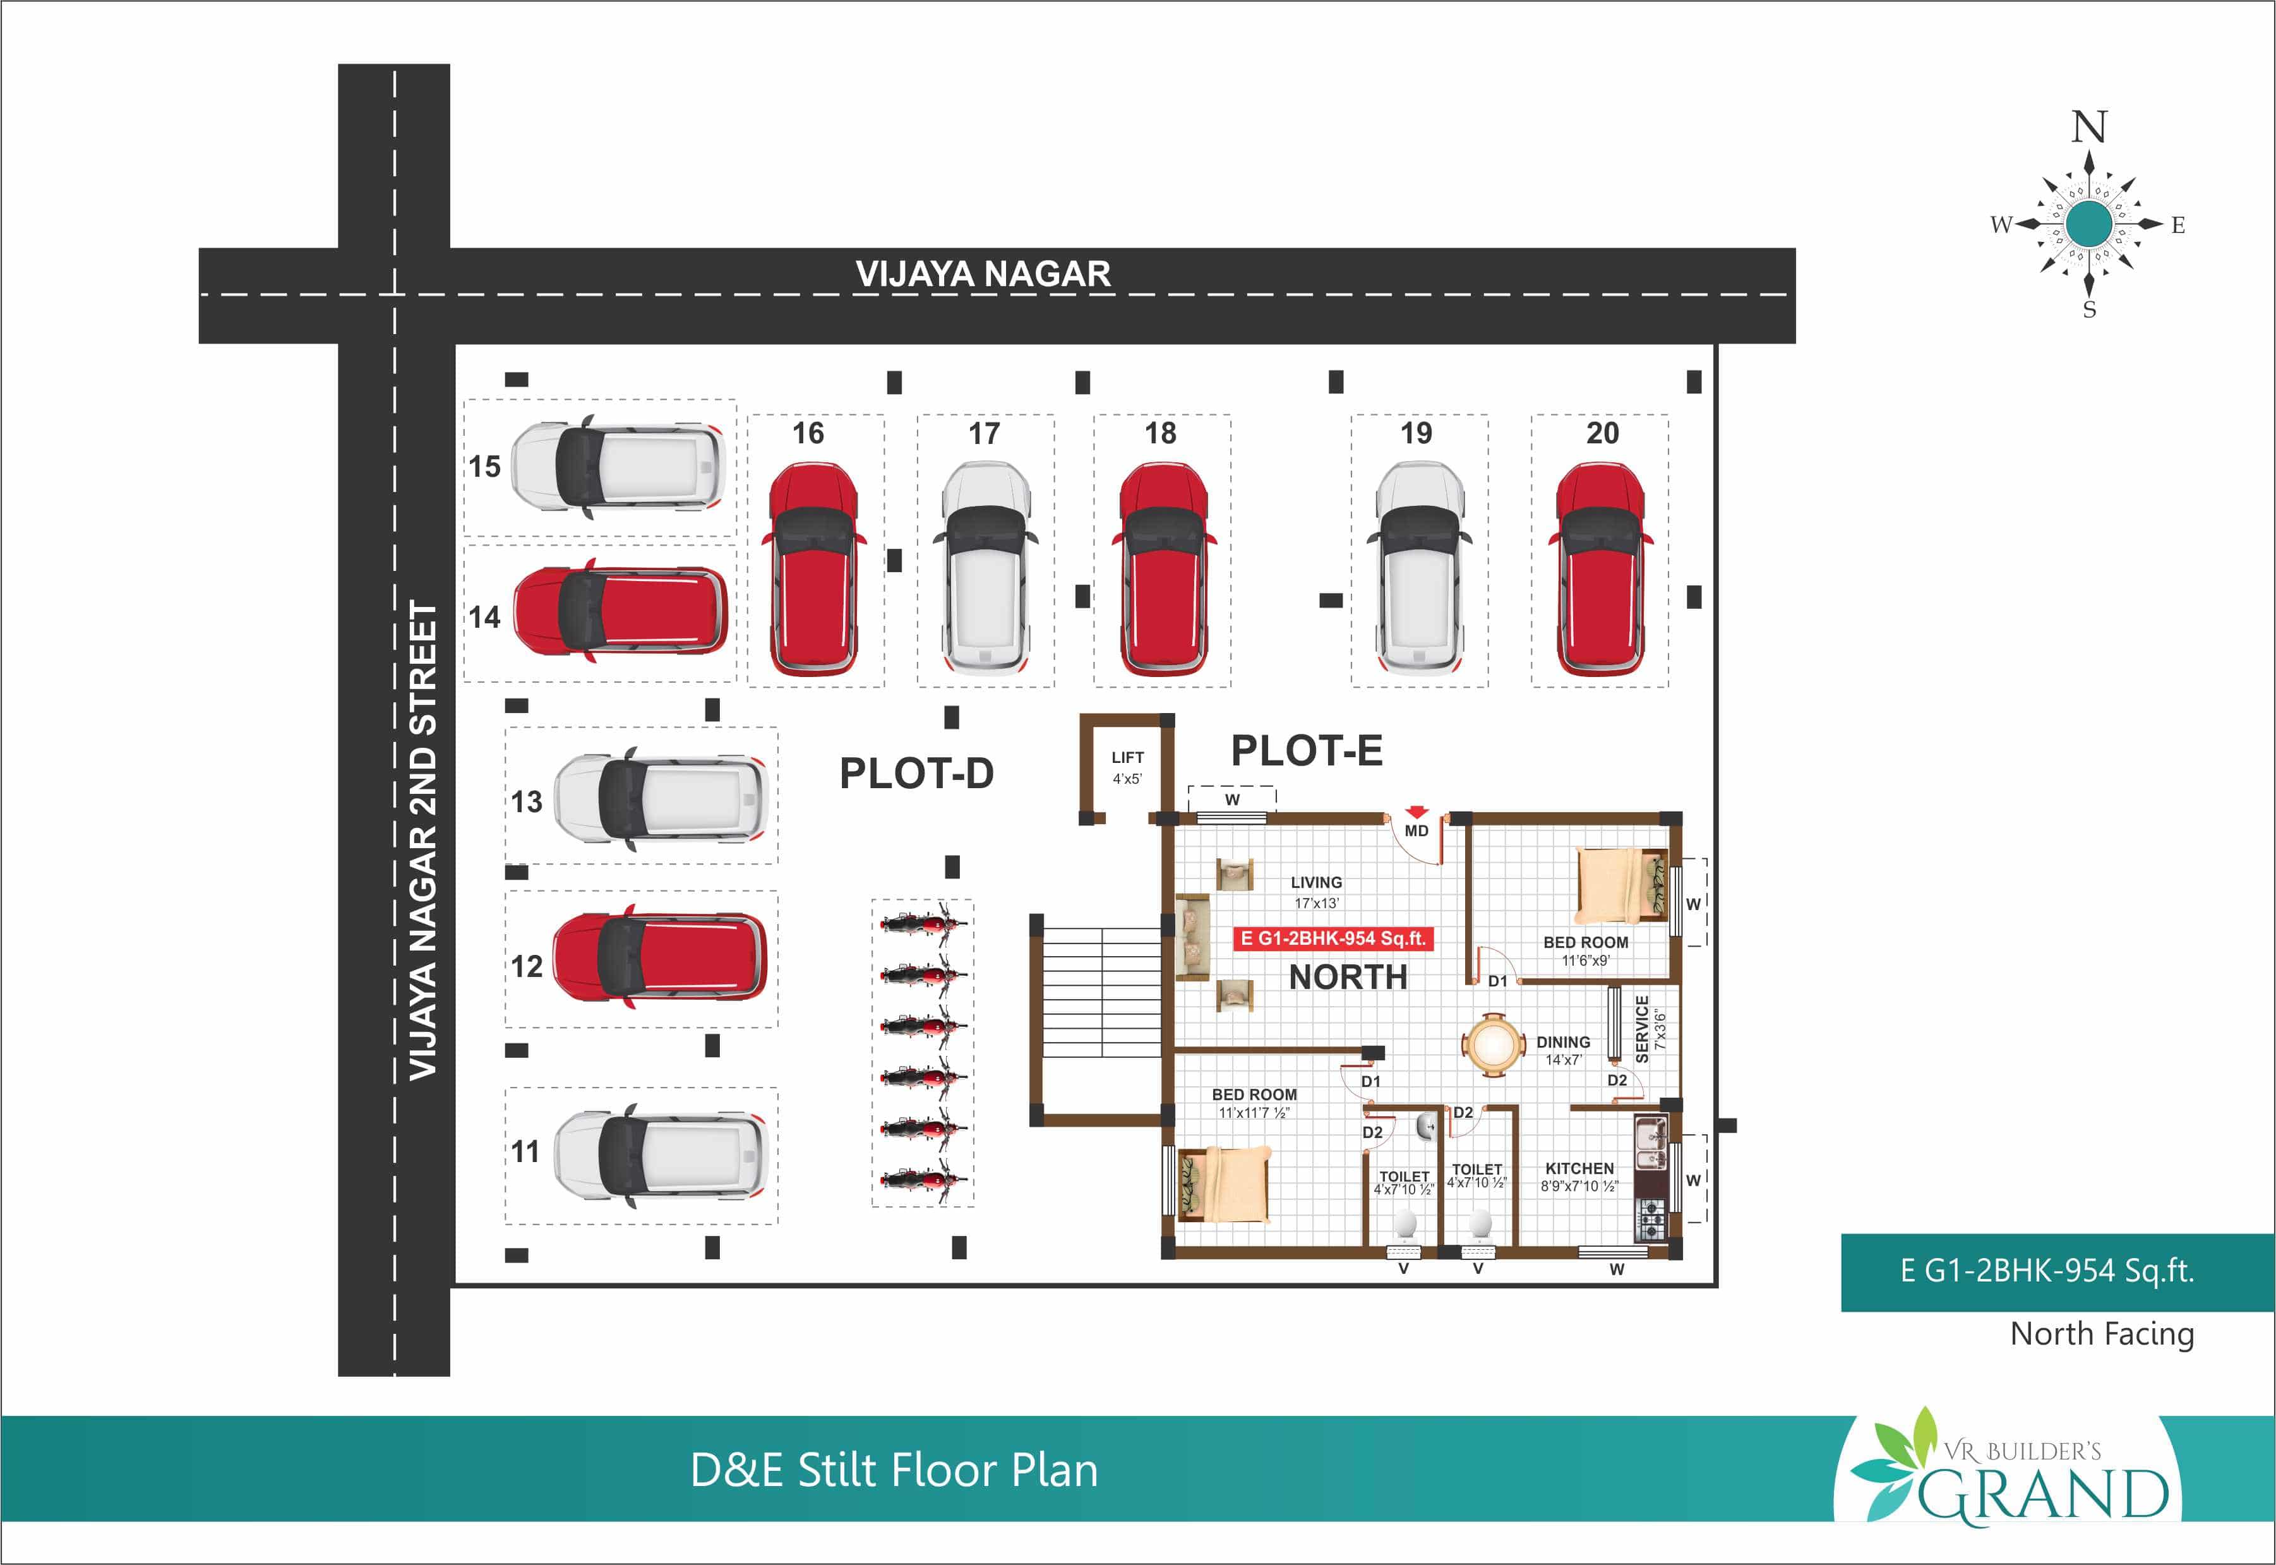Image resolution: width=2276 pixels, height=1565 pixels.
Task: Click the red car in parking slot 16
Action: [812, 569]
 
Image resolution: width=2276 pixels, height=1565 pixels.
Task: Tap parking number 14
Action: [484, 617]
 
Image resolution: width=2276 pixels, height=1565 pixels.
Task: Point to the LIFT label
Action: [1127, 757]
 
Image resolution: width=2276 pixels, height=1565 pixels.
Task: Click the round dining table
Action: [1492, 1045]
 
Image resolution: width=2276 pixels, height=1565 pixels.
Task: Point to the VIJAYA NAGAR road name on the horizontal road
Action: [983, 273]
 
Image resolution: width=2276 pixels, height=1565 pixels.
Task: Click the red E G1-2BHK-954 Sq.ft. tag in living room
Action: [1333, 938]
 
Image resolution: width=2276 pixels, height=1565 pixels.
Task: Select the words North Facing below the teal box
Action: [2102, 1334]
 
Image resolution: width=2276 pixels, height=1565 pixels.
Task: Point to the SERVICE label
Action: [1641, 1029]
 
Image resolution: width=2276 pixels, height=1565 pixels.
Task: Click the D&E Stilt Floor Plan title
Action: [894, 1470]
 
